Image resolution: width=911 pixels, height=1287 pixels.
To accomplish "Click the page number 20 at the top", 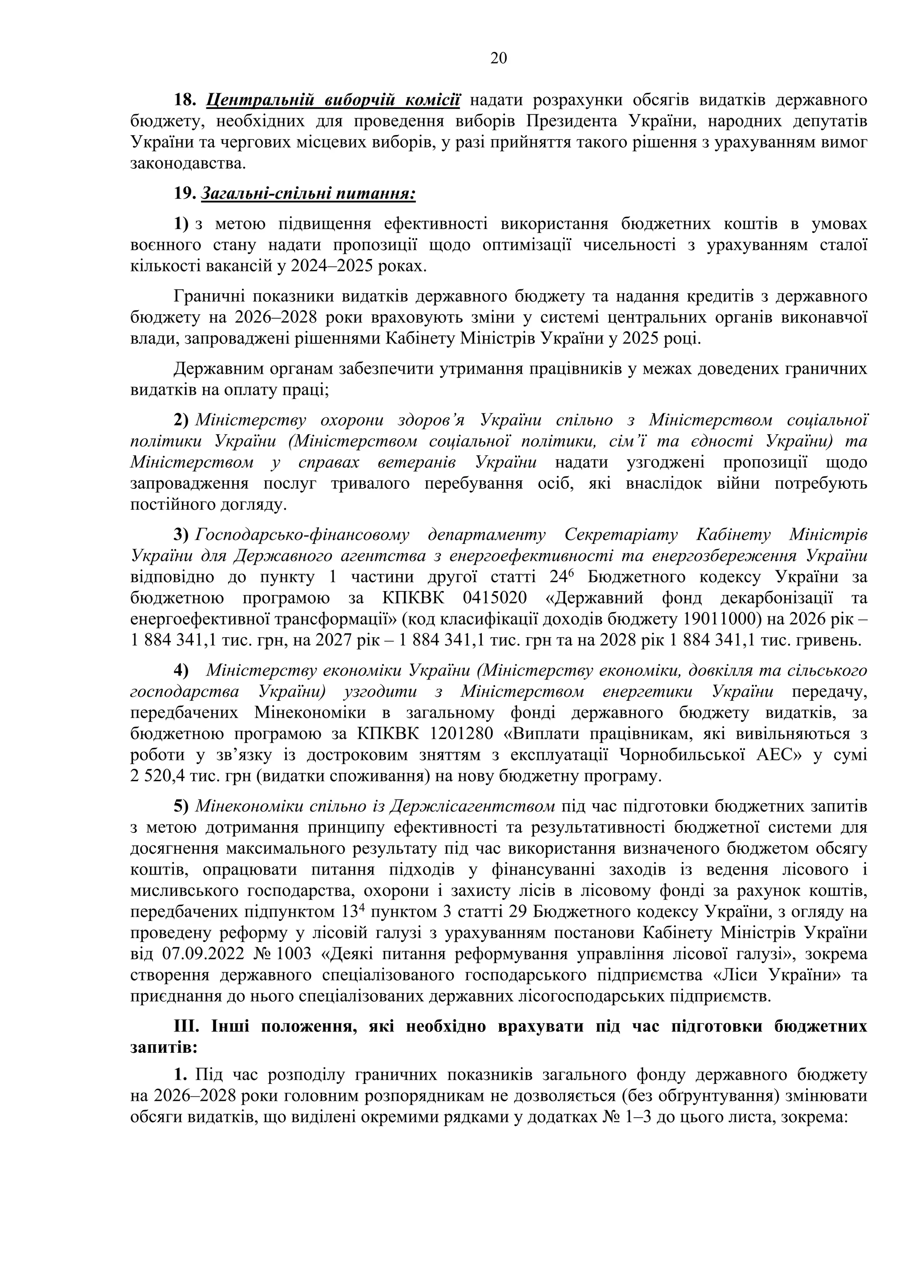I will (498, 58).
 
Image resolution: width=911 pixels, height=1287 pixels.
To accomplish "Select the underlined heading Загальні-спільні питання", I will (308, 194).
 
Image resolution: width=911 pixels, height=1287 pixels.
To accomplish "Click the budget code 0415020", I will (495, 598).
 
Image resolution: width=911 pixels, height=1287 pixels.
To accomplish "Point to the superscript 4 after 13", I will (362, 907).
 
